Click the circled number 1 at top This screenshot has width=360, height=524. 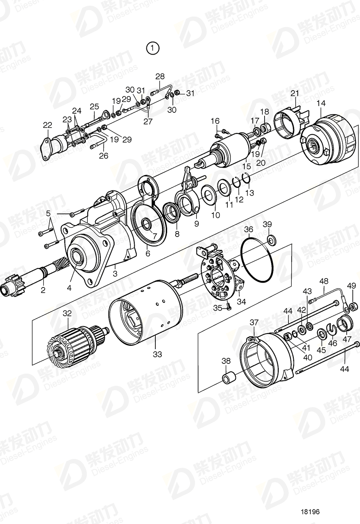click(x=152, y=49)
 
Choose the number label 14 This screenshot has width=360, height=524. click(x=321, y=104)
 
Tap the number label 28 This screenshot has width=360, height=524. click(x=160, y=76)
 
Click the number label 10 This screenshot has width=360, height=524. click(x=216, y=215)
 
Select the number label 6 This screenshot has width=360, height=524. click(x=148, y=253)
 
